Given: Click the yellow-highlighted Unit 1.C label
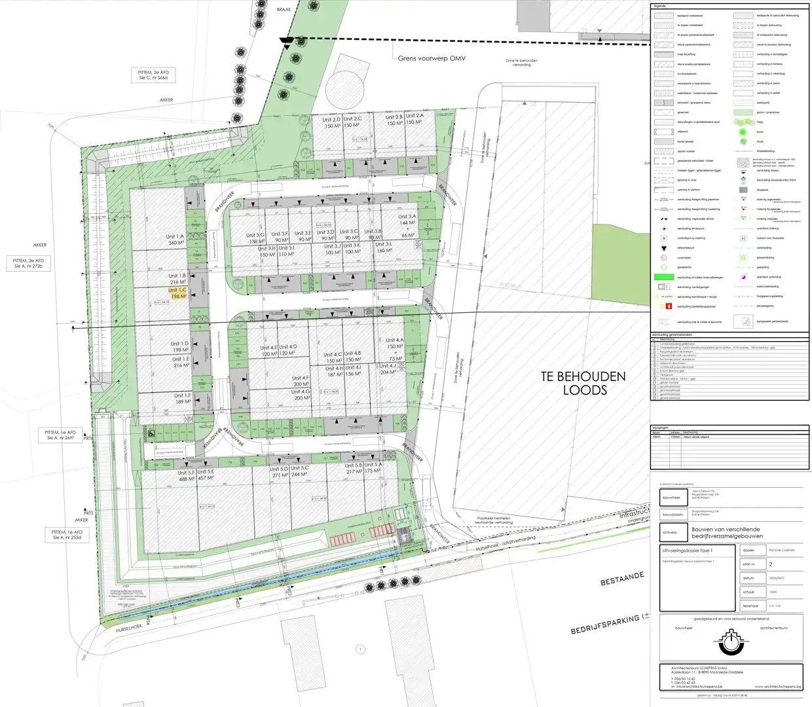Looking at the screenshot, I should click(x=177, y=293).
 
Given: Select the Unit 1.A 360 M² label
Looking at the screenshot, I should click(x=175, y=240).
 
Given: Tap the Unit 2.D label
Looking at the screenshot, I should click(x=331, y=122).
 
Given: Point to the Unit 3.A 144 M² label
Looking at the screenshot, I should click(x=407, y=220).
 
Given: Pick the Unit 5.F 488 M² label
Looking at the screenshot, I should click(x=186, y=475).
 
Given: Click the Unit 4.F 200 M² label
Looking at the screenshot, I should click(x=301, y=381).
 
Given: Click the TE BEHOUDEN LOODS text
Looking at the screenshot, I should click(x=583, y=383).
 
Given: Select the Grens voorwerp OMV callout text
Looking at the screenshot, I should click(x=432, y=58).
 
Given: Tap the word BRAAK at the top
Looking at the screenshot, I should click(x=284, y=10).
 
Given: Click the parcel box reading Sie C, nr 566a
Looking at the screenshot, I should click(x=153, y=75).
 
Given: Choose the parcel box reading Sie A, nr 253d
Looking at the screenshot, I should click(x=68, y=535).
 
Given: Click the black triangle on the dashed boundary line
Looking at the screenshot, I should click(x=286, y=41).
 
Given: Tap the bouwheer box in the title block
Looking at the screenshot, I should click(x=671, y=498).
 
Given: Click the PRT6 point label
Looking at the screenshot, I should click(x=89, y=439).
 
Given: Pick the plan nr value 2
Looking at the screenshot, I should click(x=771, y=564).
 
